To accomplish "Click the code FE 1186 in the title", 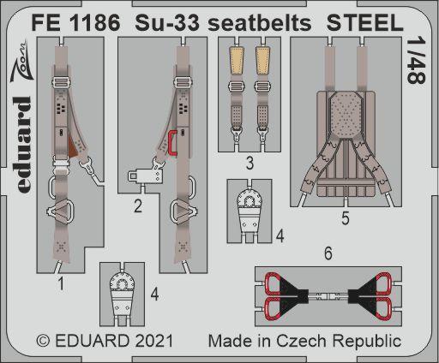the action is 75,23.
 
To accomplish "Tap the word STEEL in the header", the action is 365,23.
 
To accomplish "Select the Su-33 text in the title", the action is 167,23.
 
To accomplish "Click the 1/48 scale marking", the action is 417,61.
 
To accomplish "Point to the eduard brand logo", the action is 22,145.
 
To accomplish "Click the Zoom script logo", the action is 20,62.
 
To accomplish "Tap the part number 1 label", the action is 61,284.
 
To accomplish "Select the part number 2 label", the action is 138,205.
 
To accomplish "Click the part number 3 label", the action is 250,164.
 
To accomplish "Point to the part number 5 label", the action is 346,218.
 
